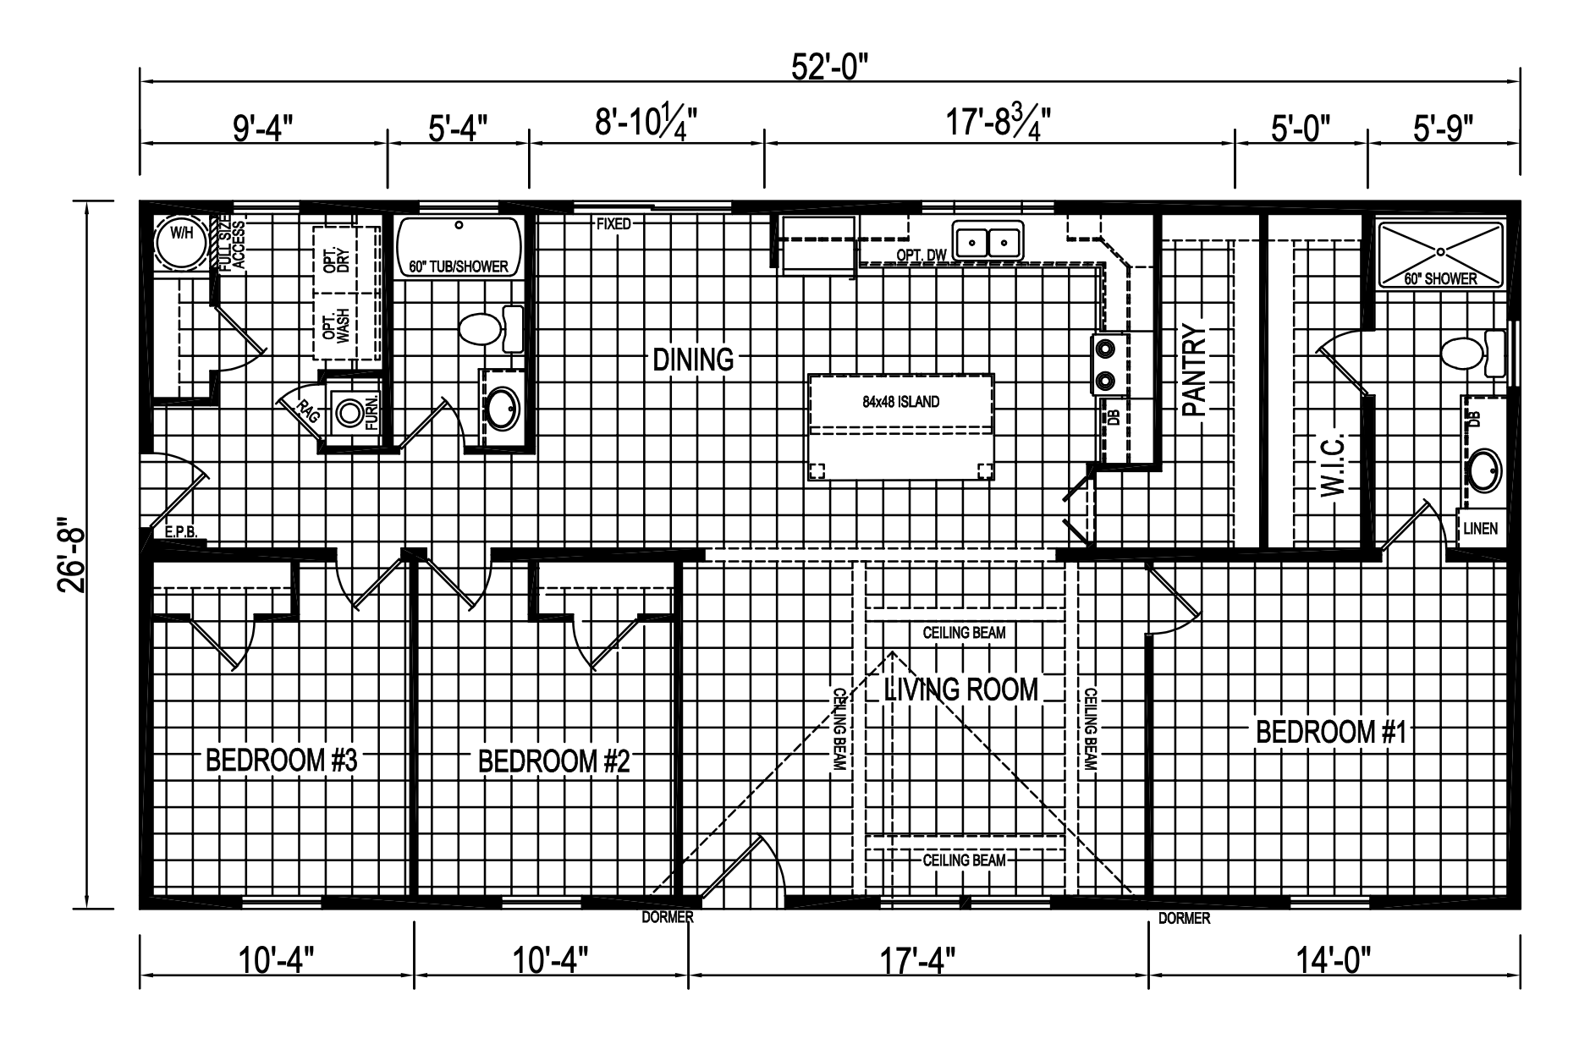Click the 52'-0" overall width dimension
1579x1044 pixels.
coord(830,66)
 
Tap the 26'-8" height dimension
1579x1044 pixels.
coord(73,556)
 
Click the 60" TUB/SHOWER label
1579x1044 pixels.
coord(459,266)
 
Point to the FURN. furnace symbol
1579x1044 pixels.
coord(349,413)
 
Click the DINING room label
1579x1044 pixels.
coord(693,360)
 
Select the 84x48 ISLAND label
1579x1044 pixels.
coord(900,402)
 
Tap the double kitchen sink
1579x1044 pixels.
coord(988,242)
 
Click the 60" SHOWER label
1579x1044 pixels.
coord(1440,278)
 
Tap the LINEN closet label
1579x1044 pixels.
coord(1480,529)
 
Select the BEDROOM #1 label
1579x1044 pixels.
coord(1330,732)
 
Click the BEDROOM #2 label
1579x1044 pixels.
coord(554,761)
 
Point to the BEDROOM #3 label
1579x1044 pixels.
coord(282,761)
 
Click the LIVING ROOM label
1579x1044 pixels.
coord(960,690)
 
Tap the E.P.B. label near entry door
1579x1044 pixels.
coord(181,533)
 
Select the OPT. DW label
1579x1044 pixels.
coord(921,255)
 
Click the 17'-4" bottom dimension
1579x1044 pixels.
coord(918,961)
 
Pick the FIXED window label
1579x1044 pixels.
coord(613,224)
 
